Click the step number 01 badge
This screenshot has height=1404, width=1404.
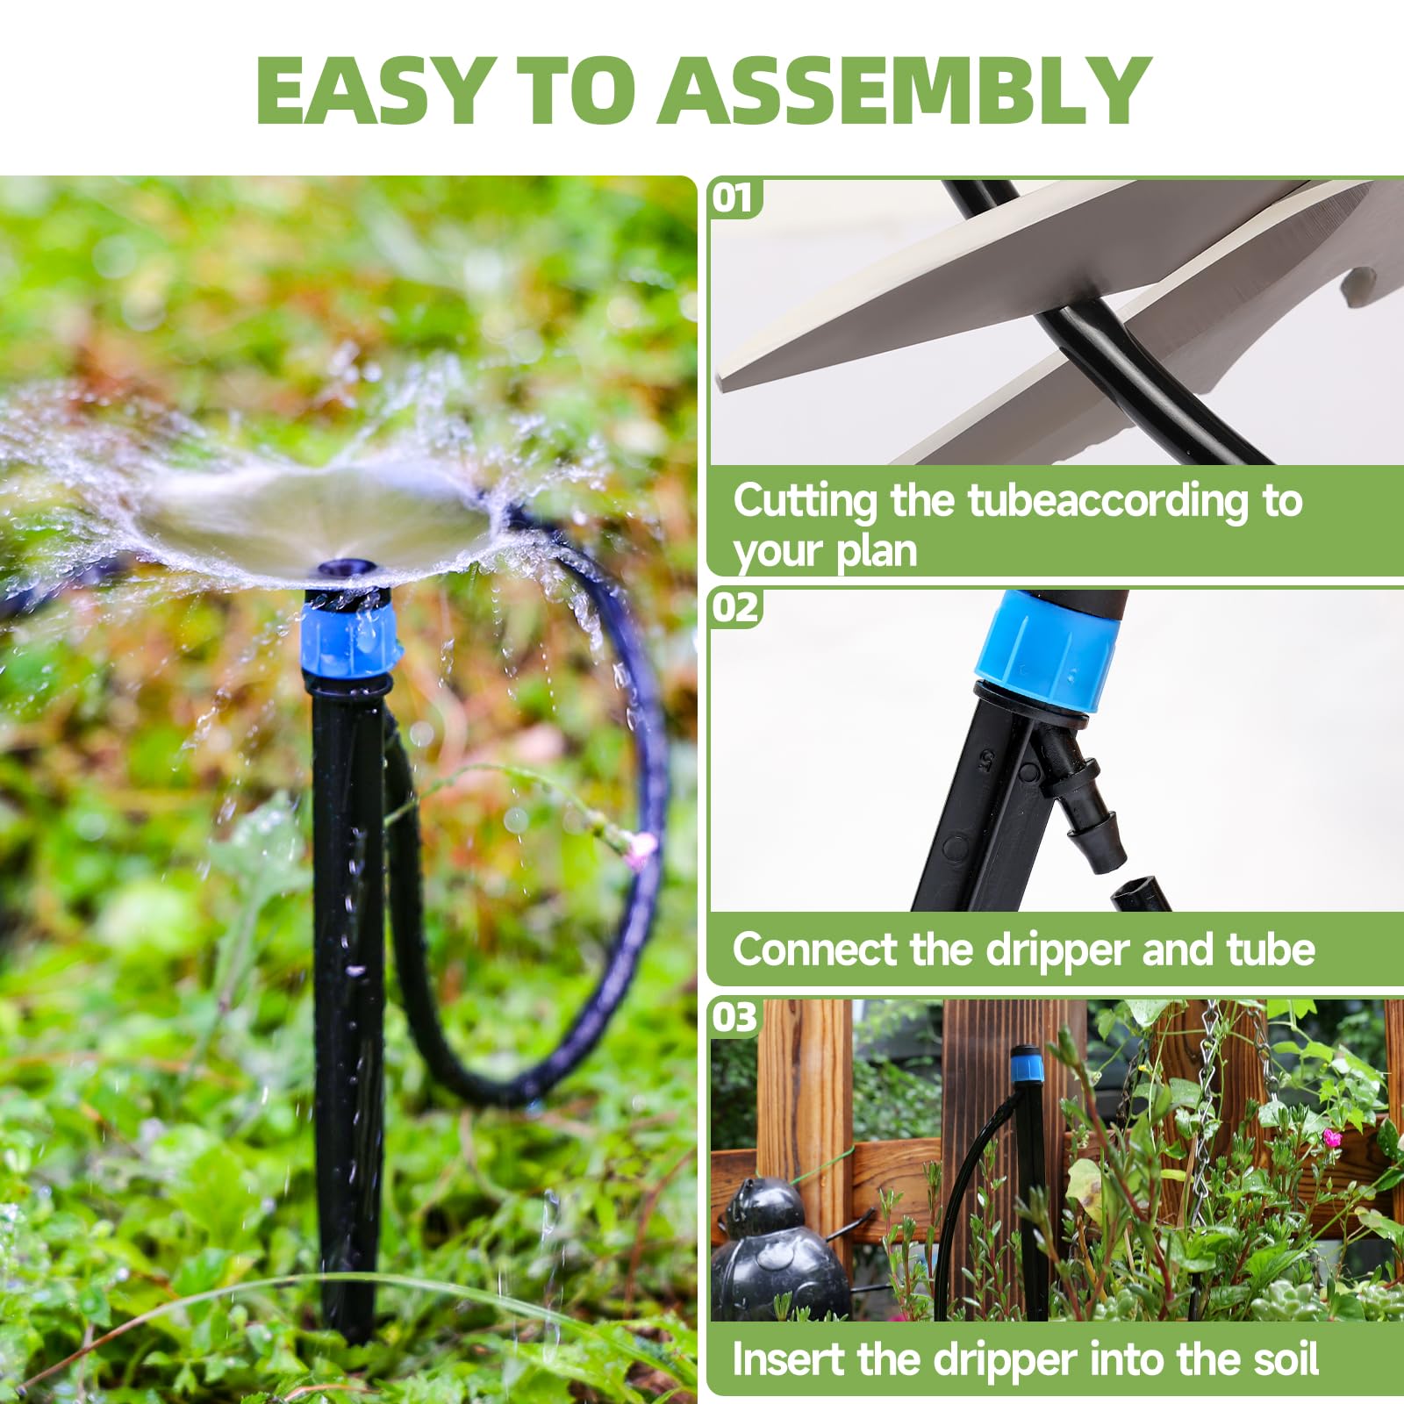(x=734, y=198)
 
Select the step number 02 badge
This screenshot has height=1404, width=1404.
(x=734, y=607)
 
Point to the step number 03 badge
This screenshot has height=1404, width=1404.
(x=734, y=1018)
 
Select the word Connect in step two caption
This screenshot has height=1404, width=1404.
(x=815, y=949)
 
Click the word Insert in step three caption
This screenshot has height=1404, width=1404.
(x=789, y=1359)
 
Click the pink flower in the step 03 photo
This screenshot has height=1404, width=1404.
(x=1333, y=1137)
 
